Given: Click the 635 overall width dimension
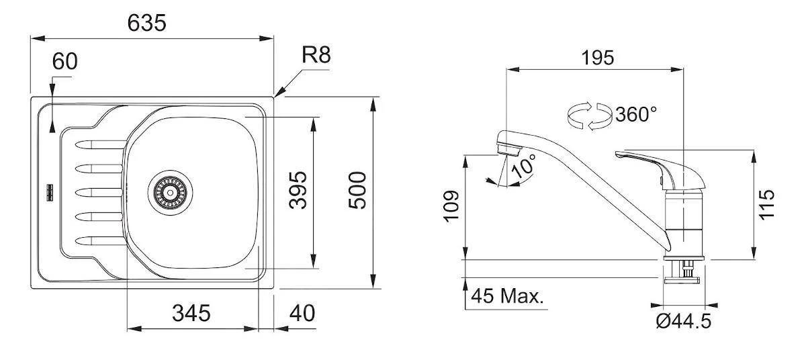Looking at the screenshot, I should (146, 23).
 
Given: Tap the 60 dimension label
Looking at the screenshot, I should (65, 61).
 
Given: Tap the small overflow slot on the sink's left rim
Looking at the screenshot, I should (50, 192).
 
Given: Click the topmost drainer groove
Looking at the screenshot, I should (101, 144).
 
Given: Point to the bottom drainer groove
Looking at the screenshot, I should (101, 240).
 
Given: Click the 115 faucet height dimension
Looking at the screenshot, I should (768, 203).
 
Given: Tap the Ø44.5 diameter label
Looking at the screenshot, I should (682, 322).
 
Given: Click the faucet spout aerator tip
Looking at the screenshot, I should (504, 146).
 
